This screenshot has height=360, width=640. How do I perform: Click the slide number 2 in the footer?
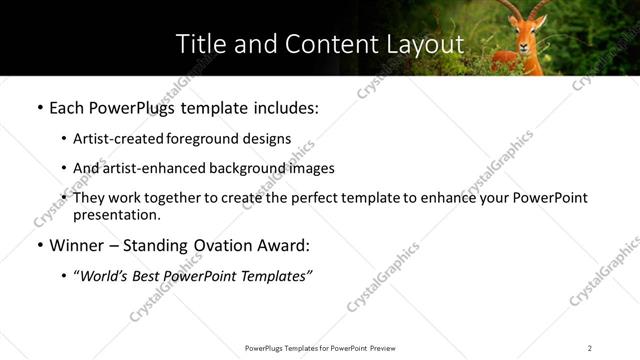pyautogui.click(x=590, y=348)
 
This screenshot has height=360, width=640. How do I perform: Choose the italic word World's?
pyautogui.click(x=102, y=276)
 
